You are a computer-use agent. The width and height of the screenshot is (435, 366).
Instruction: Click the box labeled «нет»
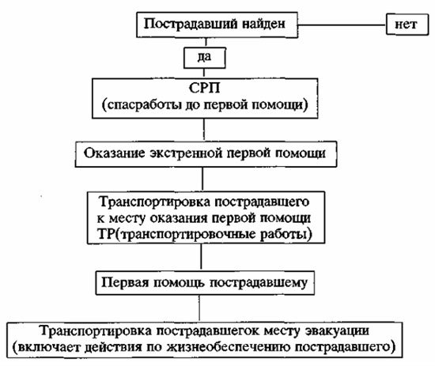(x=407, y=25)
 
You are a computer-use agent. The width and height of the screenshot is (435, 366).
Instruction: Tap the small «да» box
(x=205, y=58)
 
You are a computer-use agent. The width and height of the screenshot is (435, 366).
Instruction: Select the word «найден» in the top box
(x=263, y=24)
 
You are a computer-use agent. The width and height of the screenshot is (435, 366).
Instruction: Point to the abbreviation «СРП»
(x=205, y=89)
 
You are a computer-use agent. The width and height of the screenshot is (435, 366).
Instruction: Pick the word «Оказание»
(x=115, y=153)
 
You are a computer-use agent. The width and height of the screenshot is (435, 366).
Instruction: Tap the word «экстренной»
(x=186, y=153)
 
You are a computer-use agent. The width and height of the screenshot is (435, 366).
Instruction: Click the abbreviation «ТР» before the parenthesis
(x=106, y=235)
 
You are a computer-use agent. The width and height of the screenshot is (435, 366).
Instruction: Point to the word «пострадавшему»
(x=259, y=283)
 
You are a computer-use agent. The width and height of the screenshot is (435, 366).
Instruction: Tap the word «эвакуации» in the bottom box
(x=338, y=331)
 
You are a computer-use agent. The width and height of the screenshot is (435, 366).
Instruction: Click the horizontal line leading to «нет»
(x=342, y=25)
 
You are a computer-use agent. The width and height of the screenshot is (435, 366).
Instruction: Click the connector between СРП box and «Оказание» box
(x=204, y=129)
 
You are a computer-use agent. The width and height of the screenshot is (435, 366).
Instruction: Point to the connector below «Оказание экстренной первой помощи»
(x=202, y=179)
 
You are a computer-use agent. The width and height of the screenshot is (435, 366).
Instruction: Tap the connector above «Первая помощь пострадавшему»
(x=201, y=256)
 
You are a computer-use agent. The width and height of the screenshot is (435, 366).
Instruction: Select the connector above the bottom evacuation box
(x=199, y=308)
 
